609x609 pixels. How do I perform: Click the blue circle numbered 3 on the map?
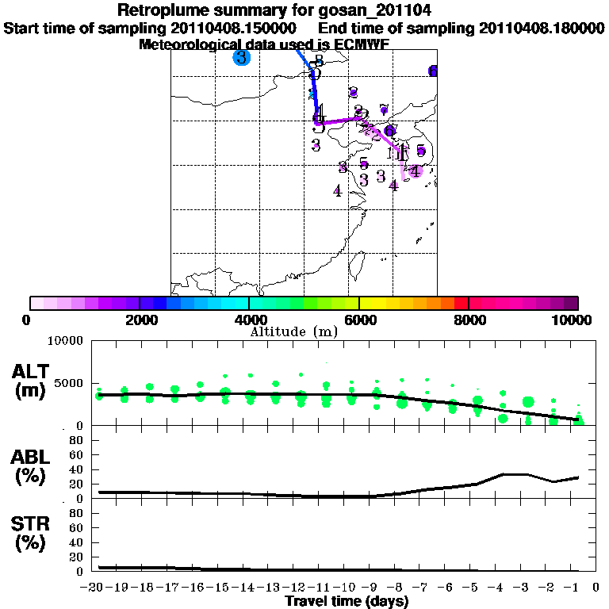241,58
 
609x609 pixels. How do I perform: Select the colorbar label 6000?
359,320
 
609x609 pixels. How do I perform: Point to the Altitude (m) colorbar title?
294,331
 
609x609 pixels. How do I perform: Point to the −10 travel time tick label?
348,588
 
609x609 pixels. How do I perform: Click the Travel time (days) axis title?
347,602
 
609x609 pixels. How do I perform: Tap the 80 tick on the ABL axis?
76,439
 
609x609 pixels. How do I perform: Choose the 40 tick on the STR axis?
76,542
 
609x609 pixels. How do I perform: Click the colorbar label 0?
28,320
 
